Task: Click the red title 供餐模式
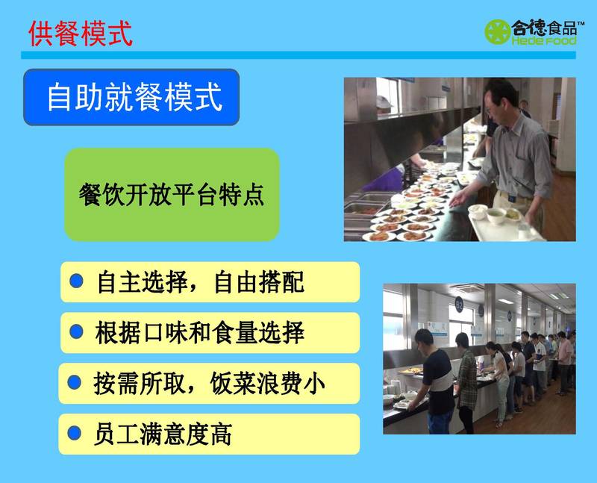(x=81, y=34)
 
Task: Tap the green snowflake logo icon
(x=497, y=31)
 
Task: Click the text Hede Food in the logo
(x=544, y=40)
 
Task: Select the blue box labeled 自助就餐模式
(x=131, y=97)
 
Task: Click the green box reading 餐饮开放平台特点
(x=172, y=195)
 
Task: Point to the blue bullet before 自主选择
(x=77, y=281)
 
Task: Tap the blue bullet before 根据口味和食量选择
(x=77, y=331)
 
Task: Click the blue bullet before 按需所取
(x=74, y=382)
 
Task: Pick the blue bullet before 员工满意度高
(x=74, y=433)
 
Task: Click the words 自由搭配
(x=259, y=282)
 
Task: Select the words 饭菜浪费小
(x=268, y=384)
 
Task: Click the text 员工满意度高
(x=163, y=434)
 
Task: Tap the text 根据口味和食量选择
(x=200, y=332)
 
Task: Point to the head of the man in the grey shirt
(x=501, y=100)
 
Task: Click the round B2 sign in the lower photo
(x=460, y=305)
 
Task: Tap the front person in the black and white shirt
(x=435, y=381)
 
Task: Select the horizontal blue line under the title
(x=298, y=55)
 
